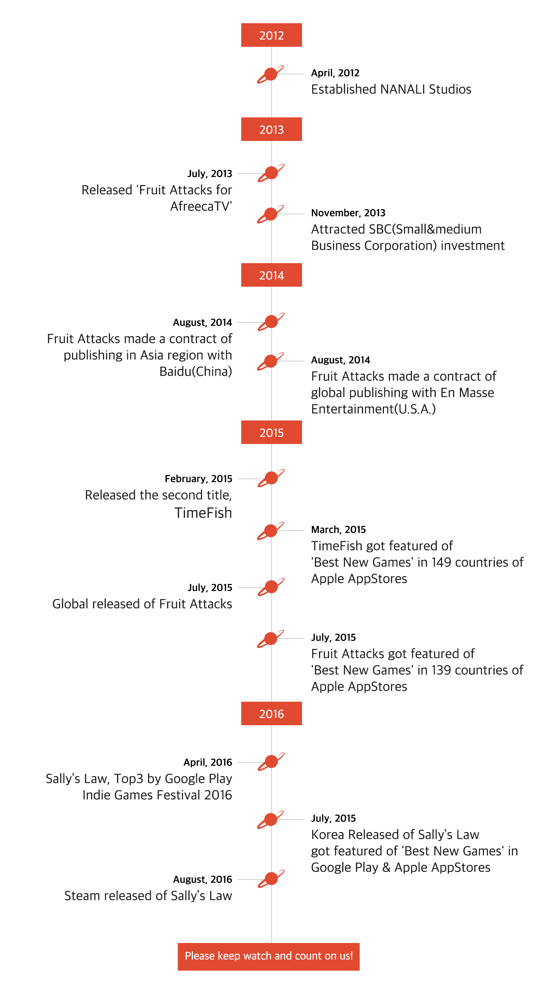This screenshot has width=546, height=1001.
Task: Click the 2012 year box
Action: [x=271, y=35]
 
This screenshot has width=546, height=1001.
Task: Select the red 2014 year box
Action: [x=271, y=275]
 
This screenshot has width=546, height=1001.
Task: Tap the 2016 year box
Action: [x=271, y=713]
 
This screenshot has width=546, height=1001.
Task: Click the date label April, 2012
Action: [x=335, y=73]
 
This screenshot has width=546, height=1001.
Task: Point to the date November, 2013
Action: [x=348, y=213]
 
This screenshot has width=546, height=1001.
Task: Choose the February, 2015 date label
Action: [x=198, y=479]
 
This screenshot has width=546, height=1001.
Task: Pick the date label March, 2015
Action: [x=339, y=530]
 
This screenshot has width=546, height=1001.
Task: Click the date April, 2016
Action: [x=207, y=762]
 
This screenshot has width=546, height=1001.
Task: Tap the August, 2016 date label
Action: [x=202, y=880]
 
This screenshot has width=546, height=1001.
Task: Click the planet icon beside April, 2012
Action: [x=271, y=74]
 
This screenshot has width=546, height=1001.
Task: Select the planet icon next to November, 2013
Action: [x=271, y=214]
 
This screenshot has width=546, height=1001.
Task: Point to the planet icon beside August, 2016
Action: [x=271, y=878]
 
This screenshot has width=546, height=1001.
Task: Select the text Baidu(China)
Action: [x=196, y=371]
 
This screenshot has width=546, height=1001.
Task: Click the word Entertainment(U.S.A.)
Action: [x=373, y=409]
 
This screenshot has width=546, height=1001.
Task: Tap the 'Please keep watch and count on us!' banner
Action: [x=269, y=956]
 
